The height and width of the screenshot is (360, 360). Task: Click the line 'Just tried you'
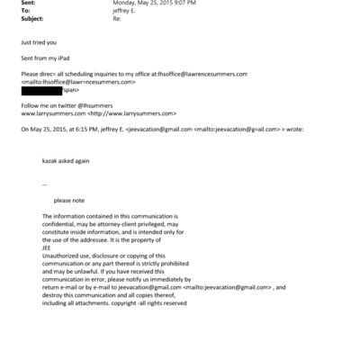point(39,42)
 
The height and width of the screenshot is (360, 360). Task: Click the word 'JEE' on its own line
point(47,247)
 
